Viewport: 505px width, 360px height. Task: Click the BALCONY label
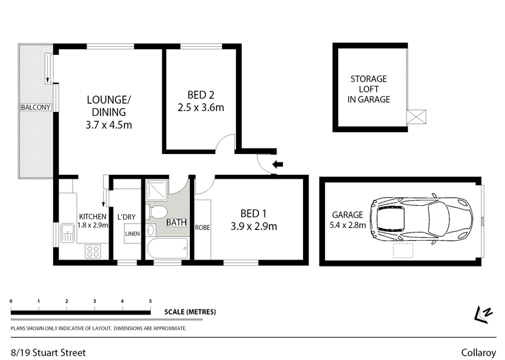click(35, 107)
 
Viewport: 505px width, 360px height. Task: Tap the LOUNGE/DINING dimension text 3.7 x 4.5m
click(109, 124)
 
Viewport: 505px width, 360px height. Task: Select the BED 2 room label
click(201, 95)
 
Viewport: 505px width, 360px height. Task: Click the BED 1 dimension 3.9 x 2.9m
click(254, 225)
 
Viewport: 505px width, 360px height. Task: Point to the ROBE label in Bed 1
click(202, 227)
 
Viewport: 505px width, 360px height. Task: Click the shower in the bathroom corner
click(155, 190)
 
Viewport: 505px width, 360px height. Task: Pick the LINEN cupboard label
click(132, 234)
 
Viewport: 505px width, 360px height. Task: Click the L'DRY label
click(126, 217)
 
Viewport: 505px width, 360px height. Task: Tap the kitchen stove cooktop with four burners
click(92, 251)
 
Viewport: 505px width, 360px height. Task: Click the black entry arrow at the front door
click(276, 165)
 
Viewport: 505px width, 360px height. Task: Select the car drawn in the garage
click(422, 218)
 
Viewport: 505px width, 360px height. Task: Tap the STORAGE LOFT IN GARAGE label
click(369, 89)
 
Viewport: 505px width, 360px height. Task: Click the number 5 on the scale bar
click(150, 301)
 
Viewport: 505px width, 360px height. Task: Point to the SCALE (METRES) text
click(190, 312)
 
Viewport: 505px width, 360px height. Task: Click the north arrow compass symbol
click(484, 313)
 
